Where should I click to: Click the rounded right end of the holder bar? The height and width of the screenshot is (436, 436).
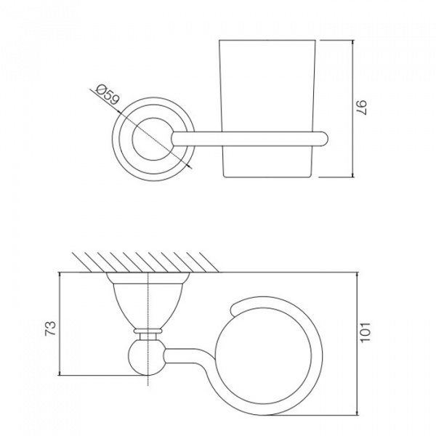(x=325, y=139)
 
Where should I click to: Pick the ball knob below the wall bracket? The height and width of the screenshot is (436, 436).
(x=149, y=358)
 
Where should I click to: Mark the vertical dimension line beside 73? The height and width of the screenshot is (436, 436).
(x=59, y=324)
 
